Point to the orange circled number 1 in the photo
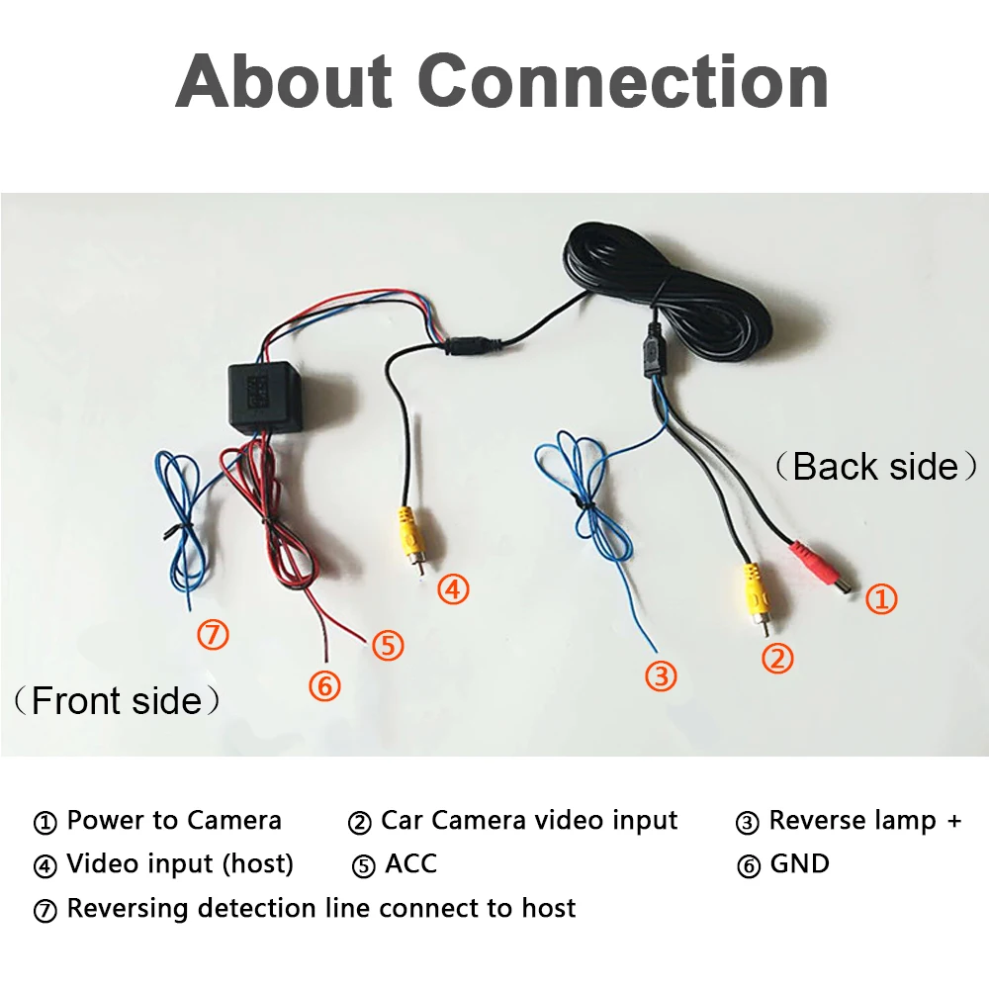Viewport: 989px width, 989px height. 881,598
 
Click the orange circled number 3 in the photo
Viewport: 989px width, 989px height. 661,676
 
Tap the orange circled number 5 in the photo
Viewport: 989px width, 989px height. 388,645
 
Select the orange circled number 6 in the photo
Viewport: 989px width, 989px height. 323,684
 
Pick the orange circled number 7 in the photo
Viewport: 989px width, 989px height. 213,634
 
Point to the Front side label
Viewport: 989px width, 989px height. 117,701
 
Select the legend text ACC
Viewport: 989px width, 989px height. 410,863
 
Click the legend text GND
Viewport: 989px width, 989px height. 799,863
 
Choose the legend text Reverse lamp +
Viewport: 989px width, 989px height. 864,820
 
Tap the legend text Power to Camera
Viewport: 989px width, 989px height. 174,820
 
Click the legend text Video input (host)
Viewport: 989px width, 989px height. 180,863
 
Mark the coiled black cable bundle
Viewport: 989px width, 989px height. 673,287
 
